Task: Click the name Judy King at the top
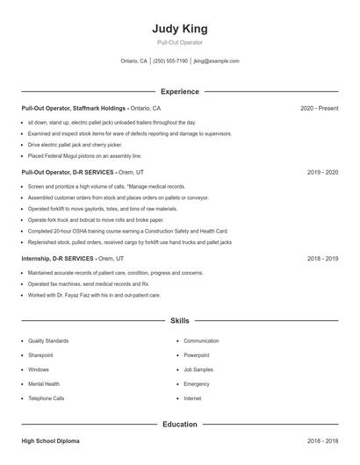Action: tap(179, 28)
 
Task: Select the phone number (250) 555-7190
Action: tap(170, 61)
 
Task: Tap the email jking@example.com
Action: tap(216, 61)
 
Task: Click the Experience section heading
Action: tap(179, 91)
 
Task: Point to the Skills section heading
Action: tap(179, 321)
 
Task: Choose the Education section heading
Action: tap(179, 425)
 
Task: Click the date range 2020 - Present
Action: tap(319, 108)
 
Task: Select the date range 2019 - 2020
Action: tap(322, 173)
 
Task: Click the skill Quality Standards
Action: tap(47, 340)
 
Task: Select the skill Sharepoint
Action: tap(40, 355)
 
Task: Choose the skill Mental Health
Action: tap(44, 384)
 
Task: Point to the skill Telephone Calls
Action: tap(46, 398)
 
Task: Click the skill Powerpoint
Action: tap(197, 355)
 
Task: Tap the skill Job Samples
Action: tap(198, 369)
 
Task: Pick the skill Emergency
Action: tap(197, 384)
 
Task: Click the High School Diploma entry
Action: tap(51, 441)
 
